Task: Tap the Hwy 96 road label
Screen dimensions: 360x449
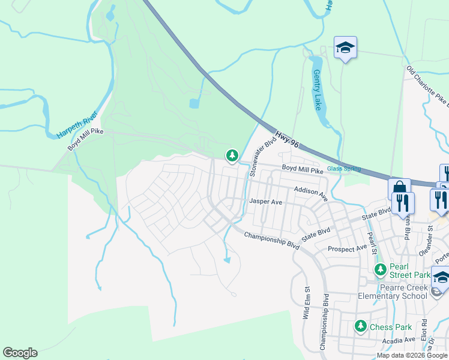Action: (286, 139)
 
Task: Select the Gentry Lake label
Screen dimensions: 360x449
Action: (318, 89)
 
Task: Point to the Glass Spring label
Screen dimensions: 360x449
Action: (344, 169)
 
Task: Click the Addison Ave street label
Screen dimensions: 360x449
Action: (310, 193)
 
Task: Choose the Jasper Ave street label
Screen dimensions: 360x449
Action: (265, 202)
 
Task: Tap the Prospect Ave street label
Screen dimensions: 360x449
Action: (347, 248)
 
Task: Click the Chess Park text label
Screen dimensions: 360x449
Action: (390, 327)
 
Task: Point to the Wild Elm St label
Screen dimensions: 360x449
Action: (307, 304)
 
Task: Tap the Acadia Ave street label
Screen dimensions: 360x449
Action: (400, 340)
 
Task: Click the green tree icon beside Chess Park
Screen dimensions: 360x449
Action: (360, 326)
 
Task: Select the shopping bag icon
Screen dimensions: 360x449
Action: (399, 189)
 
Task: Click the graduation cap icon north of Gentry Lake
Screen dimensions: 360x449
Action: (345, 47)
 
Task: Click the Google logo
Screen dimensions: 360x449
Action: (20, 353)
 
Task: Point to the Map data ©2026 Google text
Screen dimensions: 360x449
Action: (412, 355)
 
